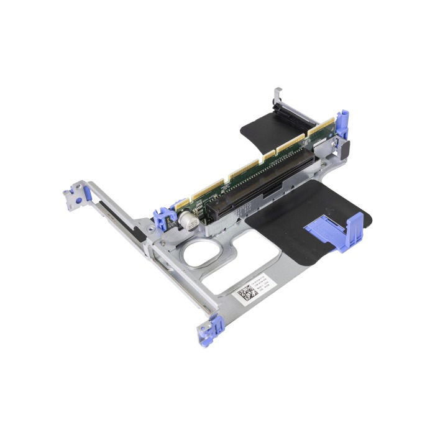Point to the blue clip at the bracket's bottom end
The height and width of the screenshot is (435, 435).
click(213, 326)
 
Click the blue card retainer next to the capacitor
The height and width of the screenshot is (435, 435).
click(163, 217)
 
